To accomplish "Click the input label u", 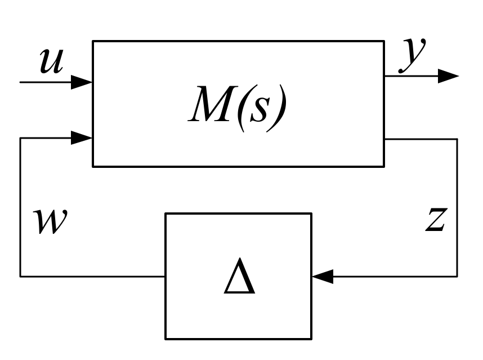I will click(x=52, y=61).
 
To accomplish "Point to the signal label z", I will click(x=435, y=220).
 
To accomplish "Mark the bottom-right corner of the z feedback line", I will click(x=457, y=276).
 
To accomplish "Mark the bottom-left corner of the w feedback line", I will click(x=20, y=276).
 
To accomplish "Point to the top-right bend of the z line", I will click(x=457, y=139).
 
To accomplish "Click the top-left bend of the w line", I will click(x=20, y=138).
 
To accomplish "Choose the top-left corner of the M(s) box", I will click(x=93, y=41).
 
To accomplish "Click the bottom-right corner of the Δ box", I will click(x=311, y=339).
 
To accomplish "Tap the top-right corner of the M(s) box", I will click(x=384, y=41).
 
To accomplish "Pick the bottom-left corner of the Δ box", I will click(x=166, y=339).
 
